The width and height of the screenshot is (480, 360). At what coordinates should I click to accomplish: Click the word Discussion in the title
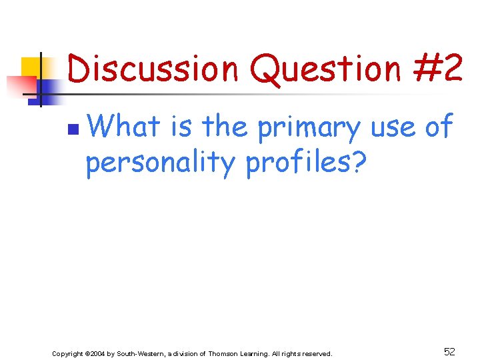click(x=153, y=69)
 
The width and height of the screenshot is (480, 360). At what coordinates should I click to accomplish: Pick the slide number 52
click(x=449, y=351)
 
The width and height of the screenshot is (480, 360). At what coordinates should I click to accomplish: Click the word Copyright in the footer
click(x=68, y=353)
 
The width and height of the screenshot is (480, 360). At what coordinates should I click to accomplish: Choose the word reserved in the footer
click(x=317, y=353)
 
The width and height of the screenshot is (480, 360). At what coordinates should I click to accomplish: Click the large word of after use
click(x=438, y=126)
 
